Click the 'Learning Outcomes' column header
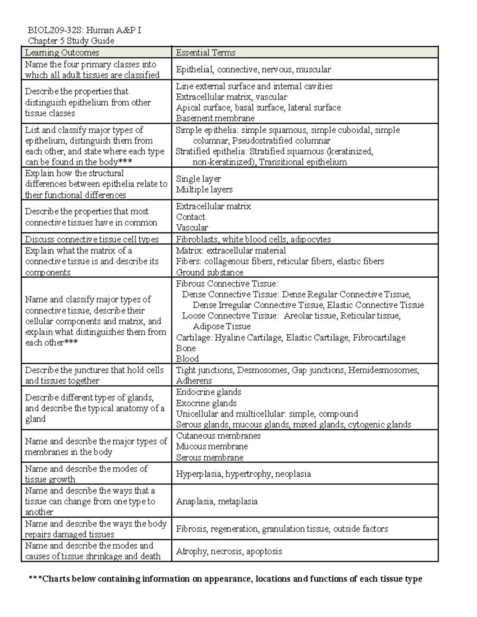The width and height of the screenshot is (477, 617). (x=62, y=52)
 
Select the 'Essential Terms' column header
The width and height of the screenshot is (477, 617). (x=206, y=52)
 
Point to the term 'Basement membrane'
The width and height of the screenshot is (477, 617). (x=215, y=118)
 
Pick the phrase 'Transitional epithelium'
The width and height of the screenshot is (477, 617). (x=303, y=162)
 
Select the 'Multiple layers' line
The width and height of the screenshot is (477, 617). (x=204, y=190)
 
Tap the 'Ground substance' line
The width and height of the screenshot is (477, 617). (x=209, y=273)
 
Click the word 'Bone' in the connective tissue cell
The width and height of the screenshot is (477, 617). (x=186, y=348)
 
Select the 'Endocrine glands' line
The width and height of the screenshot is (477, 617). (x=208, y=392)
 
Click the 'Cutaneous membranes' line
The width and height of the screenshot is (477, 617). (x=218, y=436)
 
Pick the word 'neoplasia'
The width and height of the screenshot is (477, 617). (x=293, y=474)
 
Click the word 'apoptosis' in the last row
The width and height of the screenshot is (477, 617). (x=264, y=551)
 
